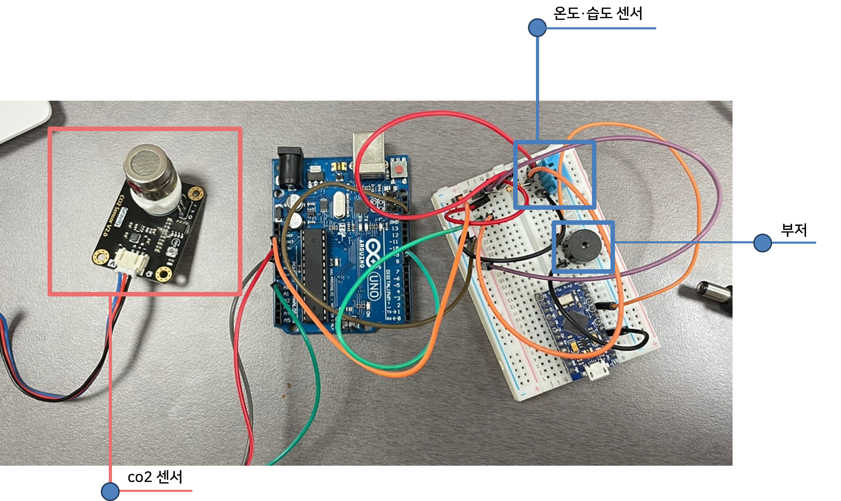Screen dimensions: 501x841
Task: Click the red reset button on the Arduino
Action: click(398, 170)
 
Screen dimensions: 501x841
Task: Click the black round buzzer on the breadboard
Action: click(583, 246)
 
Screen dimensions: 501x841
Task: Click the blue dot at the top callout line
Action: click(537, 28)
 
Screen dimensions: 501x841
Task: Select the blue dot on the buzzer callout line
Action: click(763, 243)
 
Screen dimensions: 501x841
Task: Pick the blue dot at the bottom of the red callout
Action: click(110, 491)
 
